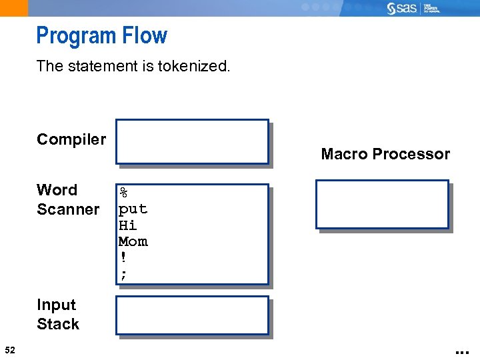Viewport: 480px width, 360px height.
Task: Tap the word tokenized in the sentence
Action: pyautogui.click(x=193, y=66)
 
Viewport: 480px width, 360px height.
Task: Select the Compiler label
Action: pyautogui.click(x=71, y=139)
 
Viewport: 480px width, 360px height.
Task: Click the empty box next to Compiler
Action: pyautogui.click(x=191, y=141)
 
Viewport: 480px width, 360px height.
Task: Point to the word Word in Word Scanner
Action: pyautogui.click(x=57, y=190)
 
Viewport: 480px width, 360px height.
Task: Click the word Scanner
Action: pyautogui.click(x=68, y=209)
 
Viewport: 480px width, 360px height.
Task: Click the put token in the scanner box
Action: pyautogui.click(x=133, y=209)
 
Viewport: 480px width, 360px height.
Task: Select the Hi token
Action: pyautogui.click(x=127, y=225)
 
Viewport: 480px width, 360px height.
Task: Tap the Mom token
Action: pyautogui.click(x=133, y=241)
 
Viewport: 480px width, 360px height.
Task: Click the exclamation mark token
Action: pyautogui.click(x=123, y=257)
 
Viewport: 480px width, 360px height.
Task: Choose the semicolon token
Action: pyautogui.click(x=123, y=273)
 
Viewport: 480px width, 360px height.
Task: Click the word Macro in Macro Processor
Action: pyautogui.click(x=343, y=154)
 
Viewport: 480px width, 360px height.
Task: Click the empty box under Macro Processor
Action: pyautogui.click(x=382, y=204)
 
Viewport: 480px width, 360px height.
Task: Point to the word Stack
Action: pyautogui.click(x=58, y=324)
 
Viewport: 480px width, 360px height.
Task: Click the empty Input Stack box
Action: pyautogui.click(x=191, y=315)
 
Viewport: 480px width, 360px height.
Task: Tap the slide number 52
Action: pyautogui.click(x=9, y=349)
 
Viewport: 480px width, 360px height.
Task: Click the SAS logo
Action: pyautogui.click(x=403, y=8)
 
